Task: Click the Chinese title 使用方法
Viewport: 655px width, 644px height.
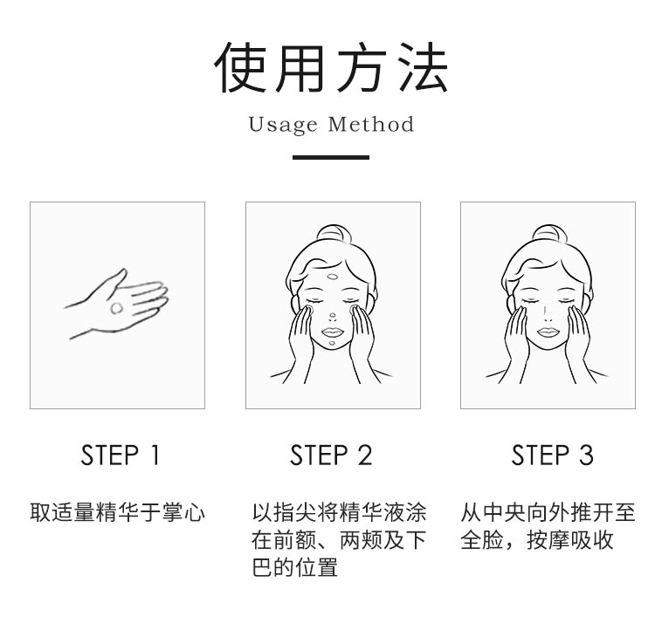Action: (x=330, y=67)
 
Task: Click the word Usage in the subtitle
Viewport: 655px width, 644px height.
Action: (x=283, y=125)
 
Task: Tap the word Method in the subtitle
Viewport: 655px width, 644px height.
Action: (x=371, y=124)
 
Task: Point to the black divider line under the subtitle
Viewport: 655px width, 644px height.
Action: (x=330, y=157)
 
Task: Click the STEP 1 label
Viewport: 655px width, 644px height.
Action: (x=121, y=455)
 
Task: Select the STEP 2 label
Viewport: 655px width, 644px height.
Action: (x=331, y=455)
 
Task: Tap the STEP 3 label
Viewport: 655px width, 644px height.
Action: (x=552, y=455)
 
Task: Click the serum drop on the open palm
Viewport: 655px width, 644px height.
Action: (x=116, y=308)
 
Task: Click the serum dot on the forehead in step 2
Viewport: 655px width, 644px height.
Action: (x=333, y=277)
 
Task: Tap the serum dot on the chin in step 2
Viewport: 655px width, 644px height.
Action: (x=332, y=344)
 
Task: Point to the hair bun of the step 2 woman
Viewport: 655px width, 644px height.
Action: (x=333, y=233)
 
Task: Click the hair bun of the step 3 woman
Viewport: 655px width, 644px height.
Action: (x=548, y=233)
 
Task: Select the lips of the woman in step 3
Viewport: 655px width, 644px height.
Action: (x=548, y=332)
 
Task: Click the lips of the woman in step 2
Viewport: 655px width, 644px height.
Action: (x=333, y=332)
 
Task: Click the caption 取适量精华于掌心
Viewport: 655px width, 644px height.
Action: (x=117, y=512)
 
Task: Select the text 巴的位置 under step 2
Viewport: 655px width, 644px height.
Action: (x=294, y=567)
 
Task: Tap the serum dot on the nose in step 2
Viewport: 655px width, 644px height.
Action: (x=333, y=315)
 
